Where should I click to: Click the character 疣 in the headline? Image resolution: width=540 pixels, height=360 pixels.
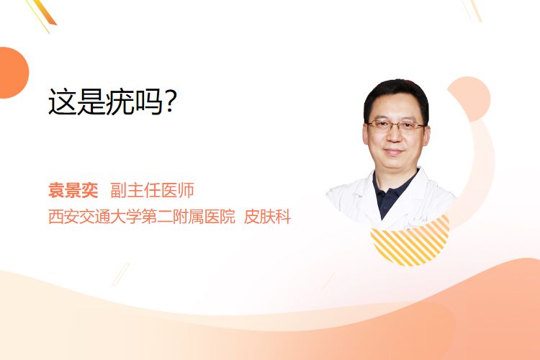(x=120, y=102)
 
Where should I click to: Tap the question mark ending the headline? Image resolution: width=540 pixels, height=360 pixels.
(x=171, y=102)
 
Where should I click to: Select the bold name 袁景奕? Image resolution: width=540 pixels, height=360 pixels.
(x=73, y=191)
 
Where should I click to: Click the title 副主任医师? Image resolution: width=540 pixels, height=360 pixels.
(x=152, y=191)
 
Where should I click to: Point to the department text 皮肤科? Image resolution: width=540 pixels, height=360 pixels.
(x=267, y=217)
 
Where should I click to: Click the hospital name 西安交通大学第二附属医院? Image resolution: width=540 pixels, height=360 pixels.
(x=142, y=217)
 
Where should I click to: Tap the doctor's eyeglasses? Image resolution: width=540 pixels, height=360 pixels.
(x=396, y=126)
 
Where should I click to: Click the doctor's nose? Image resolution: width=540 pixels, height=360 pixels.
(x=394, y=136)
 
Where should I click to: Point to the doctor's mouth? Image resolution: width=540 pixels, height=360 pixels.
(x=393, y=151)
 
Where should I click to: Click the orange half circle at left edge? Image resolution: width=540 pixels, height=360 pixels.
(x=13, y=73)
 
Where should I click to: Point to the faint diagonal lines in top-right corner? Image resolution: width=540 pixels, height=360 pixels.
(x=472, y=10)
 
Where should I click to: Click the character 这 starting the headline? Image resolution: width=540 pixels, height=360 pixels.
(x=63, y=102)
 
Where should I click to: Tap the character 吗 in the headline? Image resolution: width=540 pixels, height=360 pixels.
(x=149, y=102)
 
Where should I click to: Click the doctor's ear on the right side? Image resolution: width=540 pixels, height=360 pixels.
(x=427, y=135)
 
